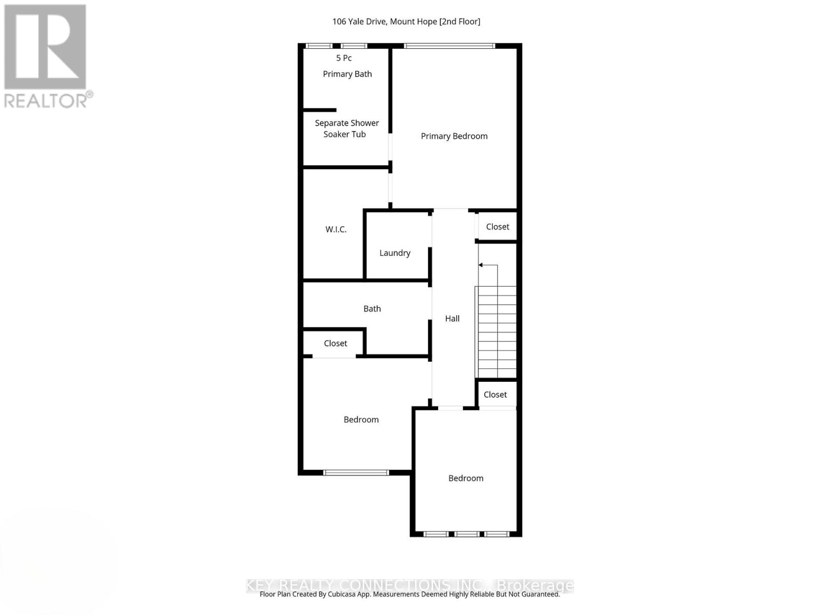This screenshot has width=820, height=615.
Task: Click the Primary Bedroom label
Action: pos(454,136)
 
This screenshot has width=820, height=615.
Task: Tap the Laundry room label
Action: pos(395,253)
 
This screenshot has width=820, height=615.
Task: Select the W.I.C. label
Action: pos(336,229)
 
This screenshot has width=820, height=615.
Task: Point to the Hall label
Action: pos(452,318)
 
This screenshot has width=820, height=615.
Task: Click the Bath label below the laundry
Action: pos(372,309)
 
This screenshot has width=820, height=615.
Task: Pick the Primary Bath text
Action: pos(347,74)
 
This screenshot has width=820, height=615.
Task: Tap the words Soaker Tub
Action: pos(344,134)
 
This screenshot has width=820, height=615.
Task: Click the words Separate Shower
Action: pos(346,123)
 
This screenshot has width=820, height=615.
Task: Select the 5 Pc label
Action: pos(344,58)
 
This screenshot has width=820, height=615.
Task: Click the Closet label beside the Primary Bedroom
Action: pos(498,227)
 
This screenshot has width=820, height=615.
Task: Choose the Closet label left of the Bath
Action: pos(335,343)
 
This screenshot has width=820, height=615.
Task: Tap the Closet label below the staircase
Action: pos(495,395)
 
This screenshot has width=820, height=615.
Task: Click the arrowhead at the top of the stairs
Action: pos(481,265)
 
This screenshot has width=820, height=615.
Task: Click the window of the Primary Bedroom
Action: pos(449,46)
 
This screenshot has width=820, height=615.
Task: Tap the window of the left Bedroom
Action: pos(356,473)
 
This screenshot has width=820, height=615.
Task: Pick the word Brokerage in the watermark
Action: pos(536,585)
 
